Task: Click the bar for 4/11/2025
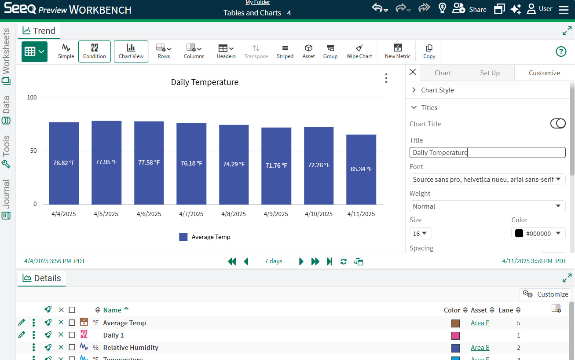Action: coord(361,169)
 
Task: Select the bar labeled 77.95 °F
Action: coord(106,162)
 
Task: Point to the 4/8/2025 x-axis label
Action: coord(234,214)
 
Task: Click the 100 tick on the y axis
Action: coord(32,97)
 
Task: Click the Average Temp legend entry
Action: coord(205,237)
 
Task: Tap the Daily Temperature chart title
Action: coord(205,82)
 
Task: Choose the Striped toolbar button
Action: coord(285,51)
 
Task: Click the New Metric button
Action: coord(397,51)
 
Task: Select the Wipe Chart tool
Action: coord(359,51)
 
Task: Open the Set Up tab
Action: coord(490,73)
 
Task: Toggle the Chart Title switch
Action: coord(558,124)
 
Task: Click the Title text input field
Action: coord(487,152)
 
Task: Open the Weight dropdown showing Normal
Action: coord(487,206)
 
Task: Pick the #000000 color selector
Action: coord(538,233)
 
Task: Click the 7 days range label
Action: coord(273,261)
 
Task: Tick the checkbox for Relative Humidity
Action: coord(72,348)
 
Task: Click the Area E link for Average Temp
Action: coord(480,323)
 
